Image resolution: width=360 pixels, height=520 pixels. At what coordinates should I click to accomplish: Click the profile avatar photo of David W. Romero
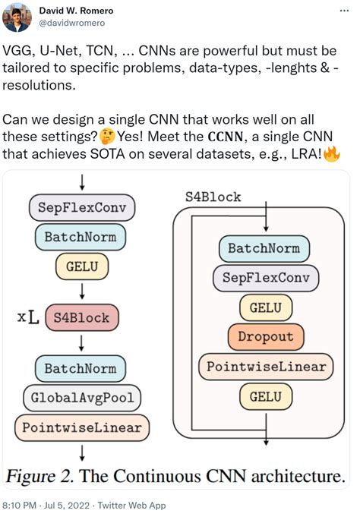tap(17, 17)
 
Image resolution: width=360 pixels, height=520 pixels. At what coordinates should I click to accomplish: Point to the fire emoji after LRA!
tap(331, 153)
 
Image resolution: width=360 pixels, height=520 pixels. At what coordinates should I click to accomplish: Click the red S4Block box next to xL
tap(81, 316)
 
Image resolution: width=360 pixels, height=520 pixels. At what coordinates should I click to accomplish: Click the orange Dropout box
tap(265, 336)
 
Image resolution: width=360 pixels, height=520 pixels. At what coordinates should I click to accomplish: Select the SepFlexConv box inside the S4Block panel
tap(265, 277)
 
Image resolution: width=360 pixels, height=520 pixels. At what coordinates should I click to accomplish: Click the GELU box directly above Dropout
tap(265, 307)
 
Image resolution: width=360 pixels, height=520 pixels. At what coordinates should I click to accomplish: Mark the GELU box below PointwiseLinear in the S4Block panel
tap(265, 396)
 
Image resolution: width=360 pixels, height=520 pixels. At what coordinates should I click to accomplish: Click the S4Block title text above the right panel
tap(213, 197)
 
